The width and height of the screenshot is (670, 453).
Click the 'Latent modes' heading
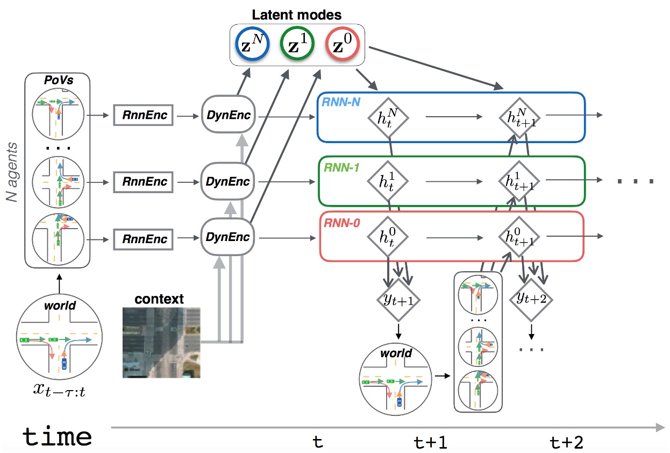coord(297,15)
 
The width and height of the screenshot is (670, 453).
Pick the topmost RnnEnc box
coord(143,115)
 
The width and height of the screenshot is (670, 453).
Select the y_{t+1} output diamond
coord(398,299)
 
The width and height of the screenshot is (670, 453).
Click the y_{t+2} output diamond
coord(531,298)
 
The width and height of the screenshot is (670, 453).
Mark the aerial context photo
coord(161,342)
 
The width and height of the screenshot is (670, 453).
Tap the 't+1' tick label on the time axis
coord(431,443)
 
